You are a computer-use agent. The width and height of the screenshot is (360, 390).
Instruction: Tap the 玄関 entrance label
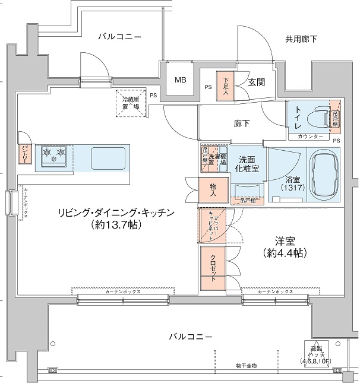(257, 83)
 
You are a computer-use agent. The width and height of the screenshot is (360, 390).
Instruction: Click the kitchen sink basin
(107, 158)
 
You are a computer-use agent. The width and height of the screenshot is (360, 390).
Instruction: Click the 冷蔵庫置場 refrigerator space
(131, 103)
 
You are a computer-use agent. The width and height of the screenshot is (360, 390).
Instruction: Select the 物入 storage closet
(213, 190)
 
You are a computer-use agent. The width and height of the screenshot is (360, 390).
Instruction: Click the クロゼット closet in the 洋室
(212, 270)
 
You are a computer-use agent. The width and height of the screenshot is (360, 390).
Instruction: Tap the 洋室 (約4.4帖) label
(284, 247)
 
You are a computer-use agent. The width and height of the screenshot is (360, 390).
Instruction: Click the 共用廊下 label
(301, 39)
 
